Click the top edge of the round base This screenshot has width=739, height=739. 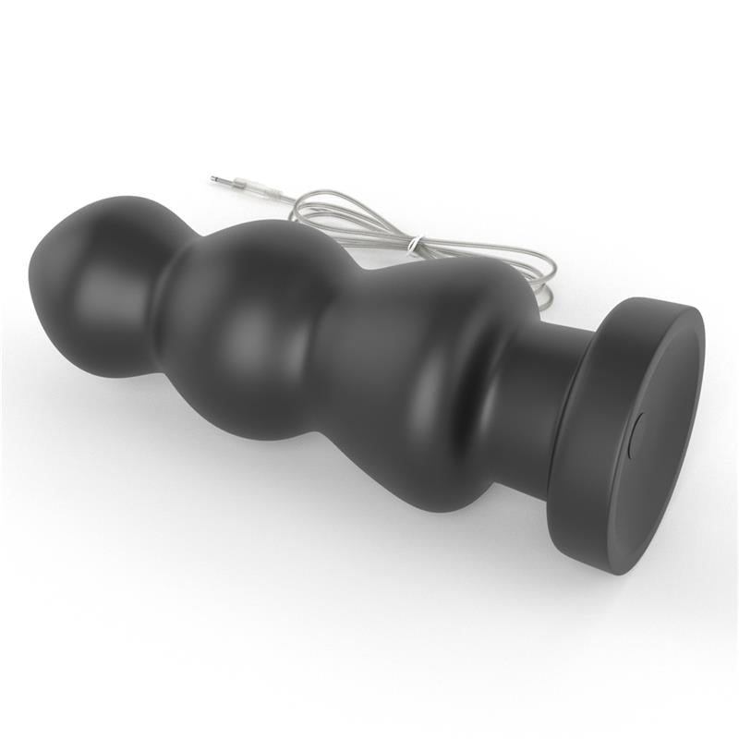tap(647, 301)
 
